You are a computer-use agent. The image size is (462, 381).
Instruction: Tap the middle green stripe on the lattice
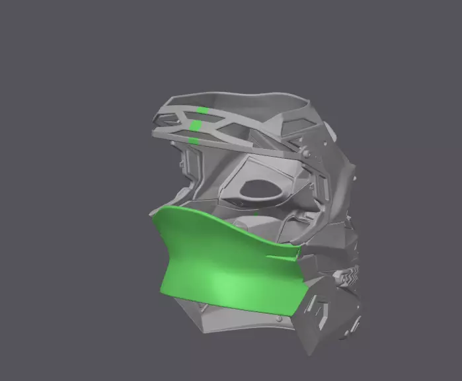(196, 125)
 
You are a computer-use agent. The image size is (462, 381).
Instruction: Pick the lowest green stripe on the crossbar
(193, 140)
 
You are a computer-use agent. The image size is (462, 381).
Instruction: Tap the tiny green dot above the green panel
(256, 214)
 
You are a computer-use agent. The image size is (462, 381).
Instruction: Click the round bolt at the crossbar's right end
(307, 153)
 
